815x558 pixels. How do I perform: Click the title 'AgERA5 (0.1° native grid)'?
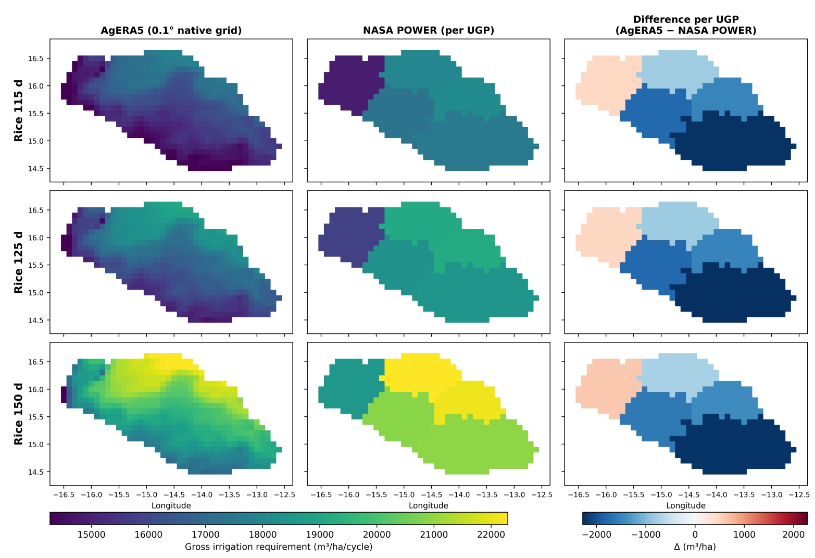coord(171,30)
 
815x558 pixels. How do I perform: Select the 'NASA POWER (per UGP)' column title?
coord(429,30)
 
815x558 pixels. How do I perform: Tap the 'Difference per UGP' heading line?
coord(686,19)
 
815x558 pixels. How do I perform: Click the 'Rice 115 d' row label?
coord(18,110)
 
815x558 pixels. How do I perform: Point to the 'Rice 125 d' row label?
coord(18,263)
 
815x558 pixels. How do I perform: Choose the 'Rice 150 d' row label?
coord(18,414)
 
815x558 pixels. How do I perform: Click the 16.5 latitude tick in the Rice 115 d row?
coord(35,58)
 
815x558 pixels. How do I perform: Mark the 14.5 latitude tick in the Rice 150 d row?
coord(35,472)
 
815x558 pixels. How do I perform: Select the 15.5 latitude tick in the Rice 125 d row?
coord(35,265)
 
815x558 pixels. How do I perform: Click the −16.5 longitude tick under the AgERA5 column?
coord(64,494)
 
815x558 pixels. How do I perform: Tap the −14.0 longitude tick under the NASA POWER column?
coord(459,494)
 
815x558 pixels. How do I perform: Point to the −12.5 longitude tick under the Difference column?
coord(799,494)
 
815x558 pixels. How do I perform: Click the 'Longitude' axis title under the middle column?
coord(428,505)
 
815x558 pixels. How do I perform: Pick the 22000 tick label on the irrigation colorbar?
coord(491,535)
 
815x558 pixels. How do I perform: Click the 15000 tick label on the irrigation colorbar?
coord(91,535)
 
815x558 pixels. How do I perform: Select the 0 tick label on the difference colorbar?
coord(695,535)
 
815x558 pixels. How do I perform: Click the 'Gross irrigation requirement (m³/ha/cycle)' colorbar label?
coord(278,547)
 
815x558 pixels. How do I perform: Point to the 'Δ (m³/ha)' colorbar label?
coord(695,547)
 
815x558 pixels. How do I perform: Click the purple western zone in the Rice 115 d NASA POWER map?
coord(349,84)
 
